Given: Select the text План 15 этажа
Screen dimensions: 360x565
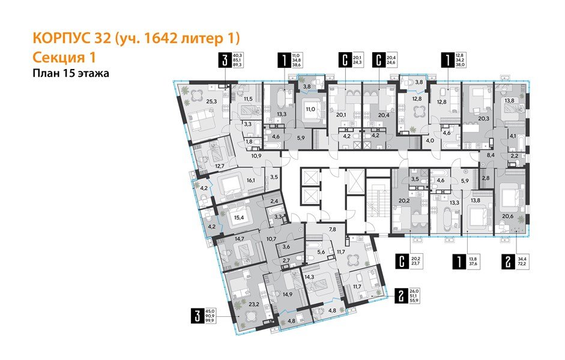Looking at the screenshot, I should (x=71, y=73).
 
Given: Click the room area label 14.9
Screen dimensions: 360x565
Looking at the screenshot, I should (x=286, y=294).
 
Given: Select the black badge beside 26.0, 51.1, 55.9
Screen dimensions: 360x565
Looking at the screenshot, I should (x=401, y=295).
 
